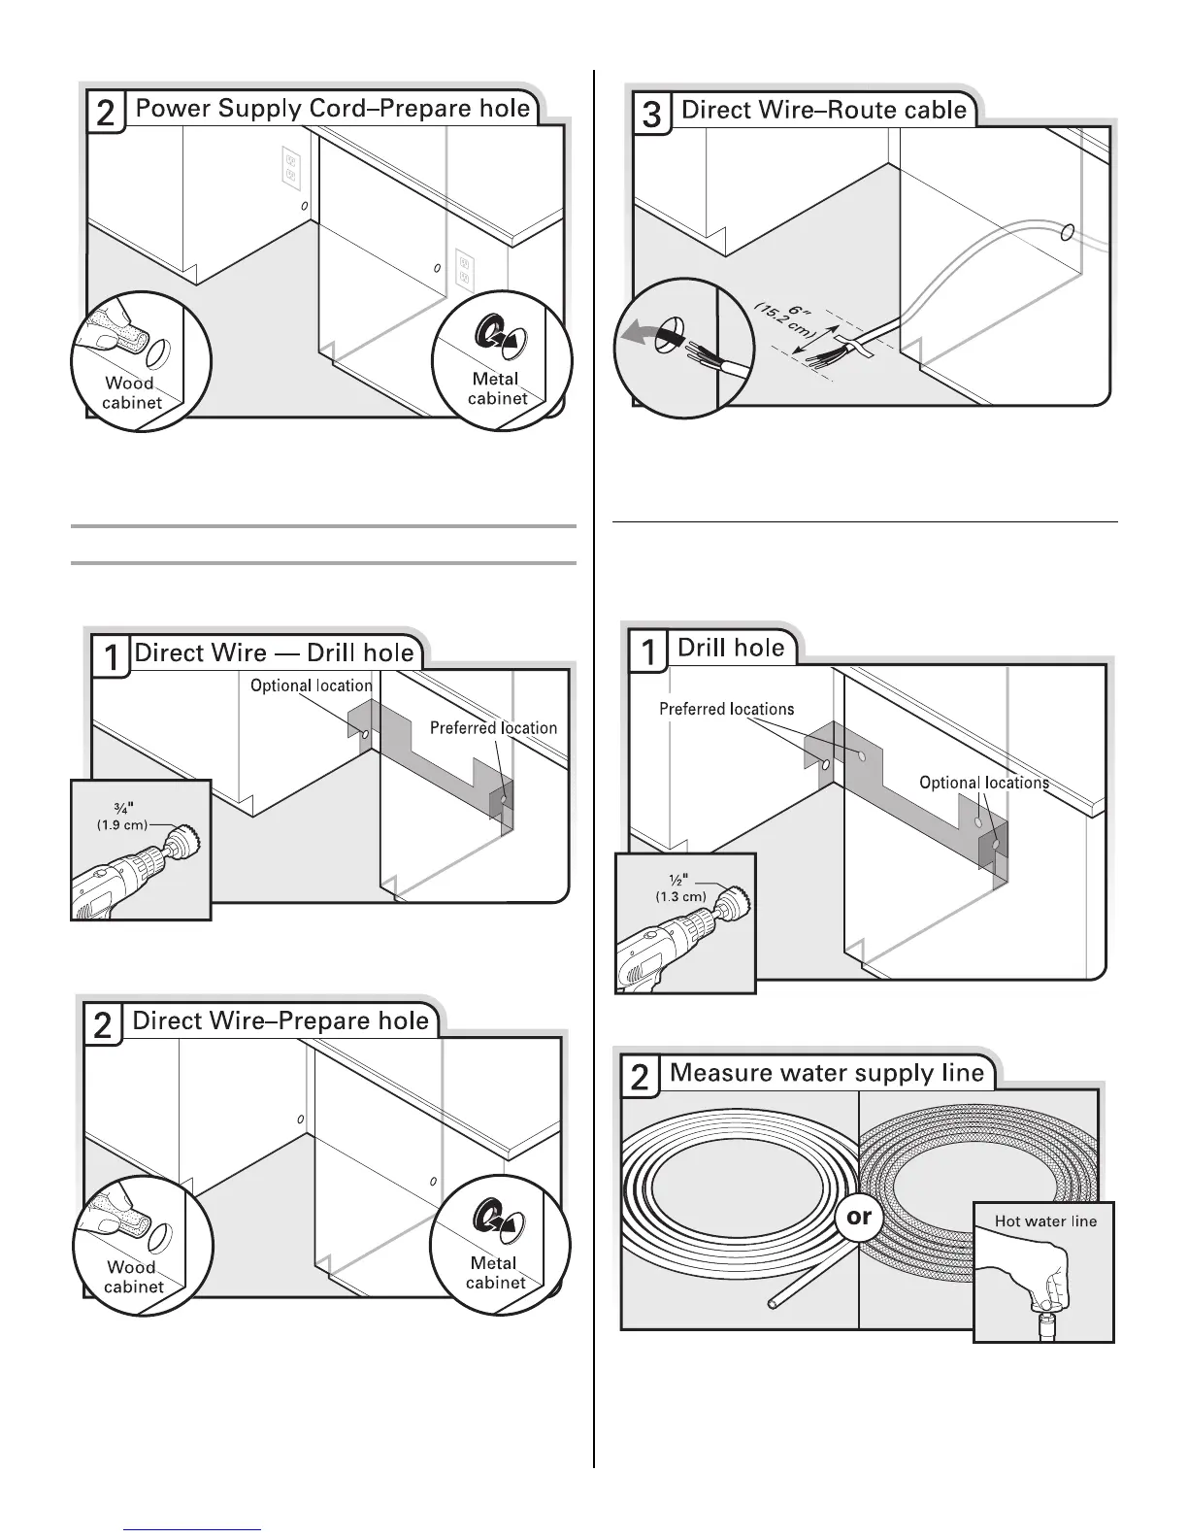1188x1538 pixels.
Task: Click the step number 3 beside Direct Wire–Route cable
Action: pos(651,115)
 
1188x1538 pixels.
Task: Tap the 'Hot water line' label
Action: pos(1044,1221)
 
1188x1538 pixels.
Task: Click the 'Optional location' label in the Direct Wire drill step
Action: pos(311,685)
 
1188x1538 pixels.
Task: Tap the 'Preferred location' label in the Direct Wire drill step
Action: pos(493,727)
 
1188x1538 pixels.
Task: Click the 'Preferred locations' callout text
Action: pos(726,709)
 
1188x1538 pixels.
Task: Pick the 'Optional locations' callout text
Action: pos(983,783)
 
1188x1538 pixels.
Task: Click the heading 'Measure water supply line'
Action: pos(827,1073)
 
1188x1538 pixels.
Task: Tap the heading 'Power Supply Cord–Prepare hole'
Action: pos(332,108)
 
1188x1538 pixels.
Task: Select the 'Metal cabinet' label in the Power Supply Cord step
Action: pos(496,388)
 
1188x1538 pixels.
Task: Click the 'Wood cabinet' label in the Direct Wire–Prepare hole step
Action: pos(132,1276)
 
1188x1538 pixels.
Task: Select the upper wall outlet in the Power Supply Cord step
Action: pos(288,164)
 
